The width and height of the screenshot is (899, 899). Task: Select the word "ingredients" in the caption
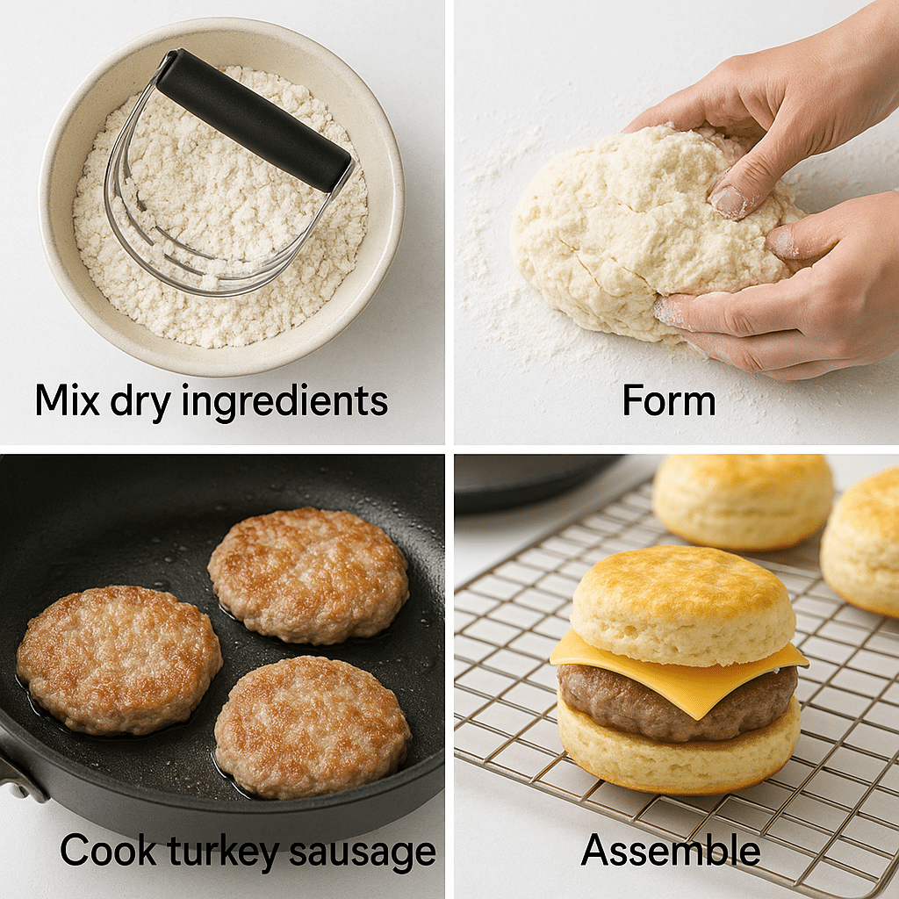(285, 401)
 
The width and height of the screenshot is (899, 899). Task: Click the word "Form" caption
(669, 400)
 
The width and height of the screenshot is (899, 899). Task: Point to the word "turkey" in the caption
(223, 852)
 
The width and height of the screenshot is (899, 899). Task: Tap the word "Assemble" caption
(671, 850)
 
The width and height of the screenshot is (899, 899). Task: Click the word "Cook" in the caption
(108, 850)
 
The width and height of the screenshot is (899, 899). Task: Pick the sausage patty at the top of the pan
(308, 575)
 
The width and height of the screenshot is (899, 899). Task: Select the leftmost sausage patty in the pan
(119, 659)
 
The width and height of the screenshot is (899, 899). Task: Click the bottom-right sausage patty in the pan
(313, 727)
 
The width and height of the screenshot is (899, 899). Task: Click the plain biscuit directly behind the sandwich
(743, 501)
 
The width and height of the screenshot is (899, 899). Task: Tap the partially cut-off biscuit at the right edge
(861, 542)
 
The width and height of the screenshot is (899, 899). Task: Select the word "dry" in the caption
(140, 403)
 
